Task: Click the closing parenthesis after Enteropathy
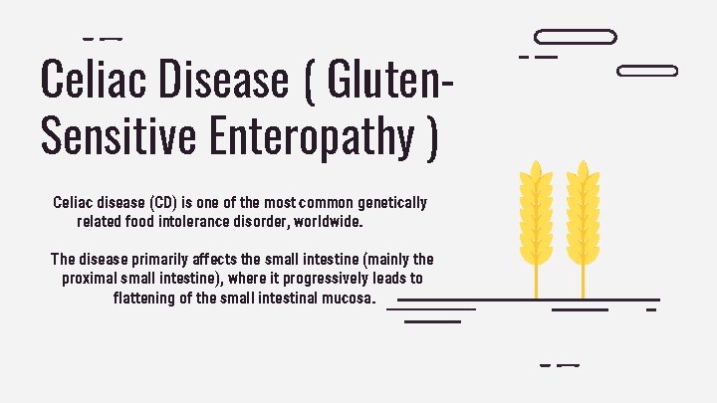click(x=430, y=136)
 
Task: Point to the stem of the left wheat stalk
click(x=537, y=279)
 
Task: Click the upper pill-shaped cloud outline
click(x=576, y=37)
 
